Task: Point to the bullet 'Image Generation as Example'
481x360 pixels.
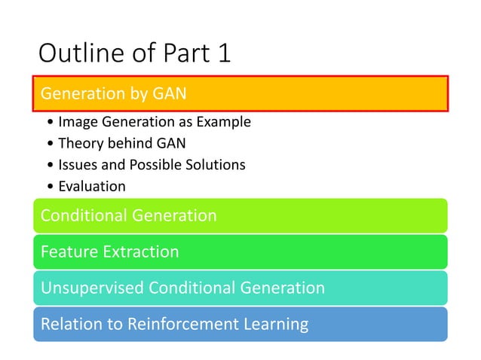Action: [154, 122]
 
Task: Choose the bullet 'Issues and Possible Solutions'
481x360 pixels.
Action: [152, 164]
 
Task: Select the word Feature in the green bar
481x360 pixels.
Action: [68, 252]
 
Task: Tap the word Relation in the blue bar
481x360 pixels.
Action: [70, 325]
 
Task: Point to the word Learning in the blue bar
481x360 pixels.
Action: [278, 325]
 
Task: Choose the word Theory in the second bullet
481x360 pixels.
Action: [79, 143]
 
